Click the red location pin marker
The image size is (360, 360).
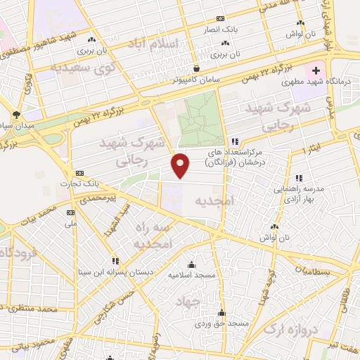[181, 165]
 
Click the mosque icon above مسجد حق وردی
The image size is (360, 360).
[222, 312]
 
